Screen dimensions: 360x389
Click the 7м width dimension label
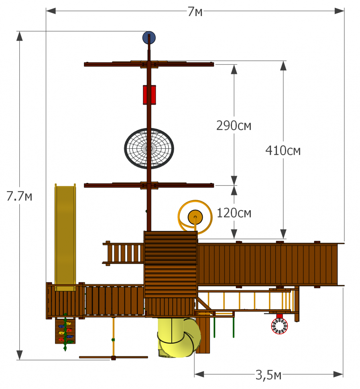click(195, 11)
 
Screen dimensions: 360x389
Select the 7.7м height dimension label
click(19, 196)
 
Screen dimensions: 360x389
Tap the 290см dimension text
click(234, 126)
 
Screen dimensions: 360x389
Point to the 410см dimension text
click(283, 150)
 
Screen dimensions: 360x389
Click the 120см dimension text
click(234, 213)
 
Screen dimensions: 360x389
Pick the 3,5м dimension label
click(268, 375)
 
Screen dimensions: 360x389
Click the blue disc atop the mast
click(149, 37)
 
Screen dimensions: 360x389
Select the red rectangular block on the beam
click(149, 95)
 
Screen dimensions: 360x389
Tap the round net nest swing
click(149, 148)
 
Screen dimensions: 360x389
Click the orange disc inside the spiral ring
click(195, 217)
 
